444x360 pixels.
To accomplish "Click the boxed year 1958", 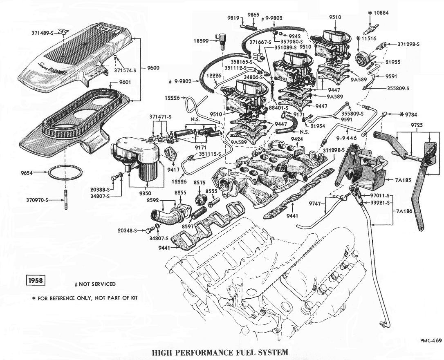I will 35,281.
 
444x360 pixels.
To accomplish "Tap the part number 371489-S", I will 43,32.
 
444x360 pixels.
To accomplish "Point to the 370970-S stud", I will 65,200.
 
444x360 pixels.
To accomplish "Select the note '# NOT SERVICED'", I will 95,284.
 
